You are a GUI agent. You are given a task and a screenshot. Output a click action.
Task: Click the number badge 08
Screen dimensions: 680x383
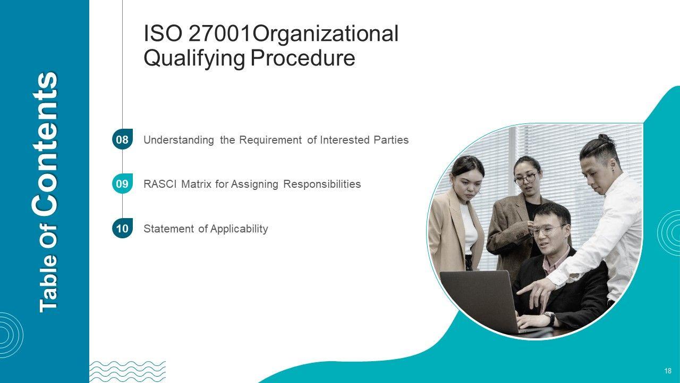click(x=122, y=139)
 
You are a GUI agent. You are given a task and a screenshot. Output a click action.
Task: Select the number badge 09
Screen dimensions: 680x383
click(x=122, y=184)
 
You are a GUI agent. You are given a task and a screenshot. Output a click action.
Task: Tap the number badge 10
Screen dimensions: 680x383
click(x=122, y=228)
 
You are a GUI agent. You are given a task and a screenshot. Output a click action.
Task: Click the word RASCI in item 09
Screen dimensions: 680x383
click(x=160, y=184)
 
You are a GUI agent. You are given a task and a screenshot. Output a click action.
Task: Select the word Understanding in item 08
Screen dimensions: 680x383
click(x=179, y=140)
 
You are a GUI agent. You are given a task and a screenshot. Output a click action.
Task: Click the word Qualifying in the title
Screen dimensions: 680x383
click(x=194, y=59)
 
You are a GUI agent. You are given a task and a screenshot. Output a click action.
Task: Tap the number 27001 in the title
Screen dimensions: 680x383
click(x=220, y=34)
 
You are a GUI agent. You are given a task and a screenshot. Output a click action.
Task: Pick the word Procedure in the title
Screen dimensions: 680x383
click(x=303, y=58)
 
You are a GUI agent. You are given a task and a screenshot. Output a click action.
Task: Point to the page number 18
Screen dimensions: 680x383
click(x=668, y=371)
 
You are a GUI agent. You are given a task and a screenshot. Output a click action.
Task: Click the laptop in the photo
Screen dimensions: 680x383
click(x=483, y=301)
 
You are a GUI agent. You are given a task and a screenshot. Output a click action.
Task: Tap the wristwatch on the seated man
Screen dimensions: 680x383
click(x=550, y=319)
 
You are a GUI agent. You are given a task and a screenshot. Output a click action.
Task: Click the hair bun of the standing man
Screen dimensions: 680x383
click(x=604, y=138)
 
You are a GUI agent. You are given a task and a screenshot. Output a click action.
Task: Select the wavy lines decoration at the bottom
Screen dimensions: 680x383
click(x=127, y=372)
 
